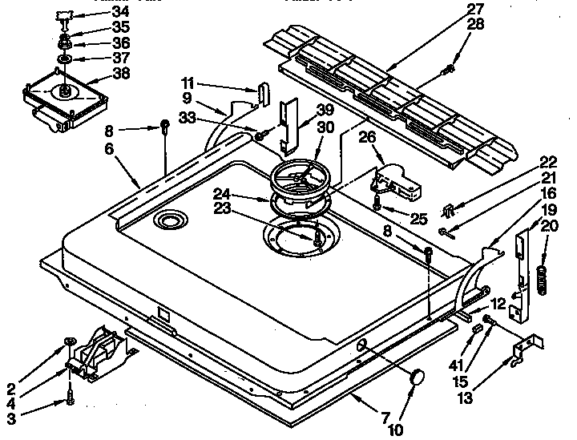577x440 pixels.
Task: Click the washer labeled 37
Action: [x=64, y=59]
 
